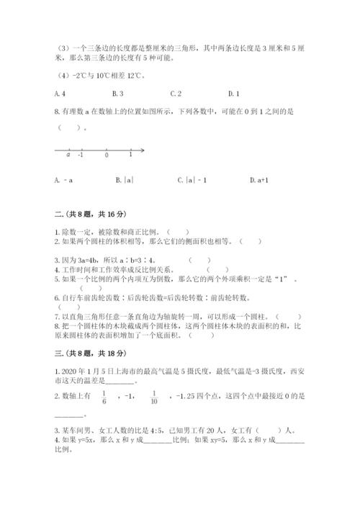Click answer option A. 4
coord(60,94)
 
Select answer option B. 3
coord(118,94)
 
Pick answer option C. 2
coord(176,94)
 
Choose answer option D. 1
coord(233,94)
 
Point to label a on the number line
coord(68,155)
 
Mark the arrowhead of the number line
coord(143,150)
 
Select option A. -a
coord(63,179)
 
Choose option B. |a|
coord(125,179)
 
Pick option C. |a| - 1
coord(189,179)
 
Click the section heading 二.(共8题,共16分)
coord(90,215)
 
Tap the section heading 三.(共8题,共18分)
coord(90,353)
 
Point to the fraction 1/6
coord(104,395)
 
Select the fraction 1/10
coord(155,395)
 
